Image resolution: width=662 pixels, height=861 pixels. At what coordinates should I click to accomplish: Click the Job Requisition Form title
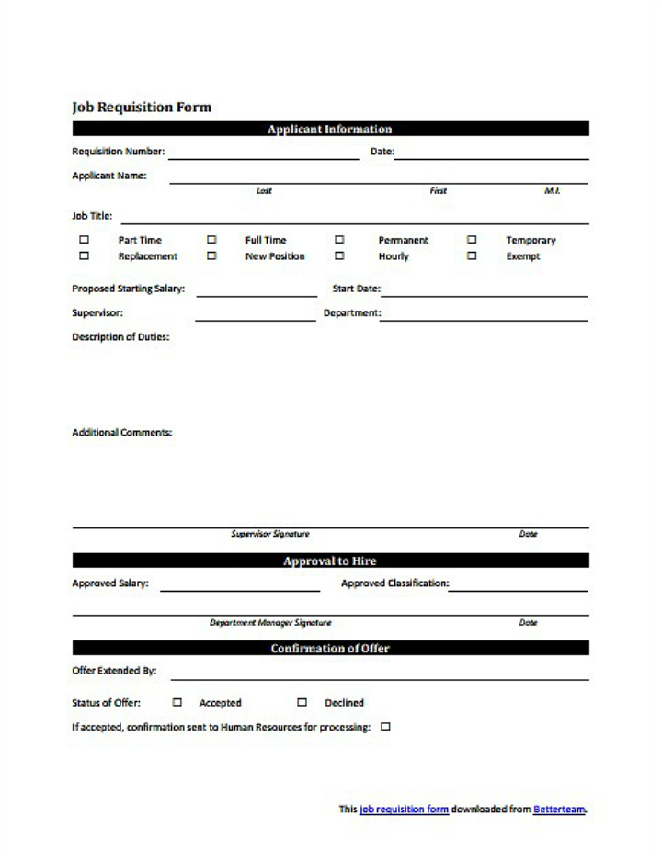pos(142,107)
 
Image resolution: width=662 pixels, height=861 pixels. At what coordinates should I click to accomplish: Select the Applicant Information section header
pos(329,130)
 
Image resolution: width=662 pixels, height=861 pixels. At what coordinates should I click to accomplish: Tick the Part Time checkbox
pos(85,240)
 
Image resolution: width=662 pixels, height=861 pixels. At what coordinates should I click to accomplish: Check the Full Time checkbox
pos(211,240)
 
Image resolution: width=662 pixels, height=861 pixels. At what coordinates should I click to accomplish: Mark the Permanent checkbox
pos(339,240)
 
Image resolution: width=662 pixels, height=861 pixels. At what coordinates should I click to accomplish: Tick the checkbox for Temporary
pos(472,240)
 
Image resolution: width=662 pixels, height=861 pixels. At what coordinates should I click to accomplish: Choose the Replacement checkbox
pos(85,256)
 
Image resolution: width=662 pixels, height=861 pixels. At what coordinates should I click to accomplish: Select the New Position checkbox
pos(211,256)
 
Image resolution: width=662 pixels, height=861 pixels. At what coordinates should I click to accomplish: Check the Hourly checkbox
pos(339,256)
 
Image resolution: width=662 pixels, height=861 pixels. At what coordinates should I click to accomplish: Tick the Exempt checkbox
pos(472,256)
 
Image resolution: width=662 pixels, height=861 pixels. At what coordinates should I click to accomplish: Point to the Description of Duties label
pos(120,337)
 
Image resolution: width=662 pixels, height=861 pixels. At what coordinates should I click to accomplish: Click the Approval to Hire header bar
pos(329,561)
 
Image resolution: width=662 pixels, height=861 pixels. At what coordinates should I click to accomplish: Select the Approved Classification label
pos(394,583)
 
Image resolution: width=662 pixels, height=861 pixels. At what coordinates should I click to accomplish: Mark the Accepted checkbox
pos(177,702)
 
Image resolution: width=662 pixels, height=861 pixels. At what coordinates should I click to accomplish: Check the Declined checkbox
pos(302,702)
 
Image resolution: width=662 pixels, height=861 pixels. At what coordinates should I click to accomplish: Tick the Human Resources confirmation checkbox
pos(385,727)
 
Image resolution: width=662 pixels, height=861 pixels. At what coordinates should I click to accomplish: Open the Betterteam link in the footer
pos(559,810)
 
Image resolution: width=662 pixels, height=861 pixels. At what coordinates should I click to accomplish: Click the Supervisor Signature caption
pos(269,534)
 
